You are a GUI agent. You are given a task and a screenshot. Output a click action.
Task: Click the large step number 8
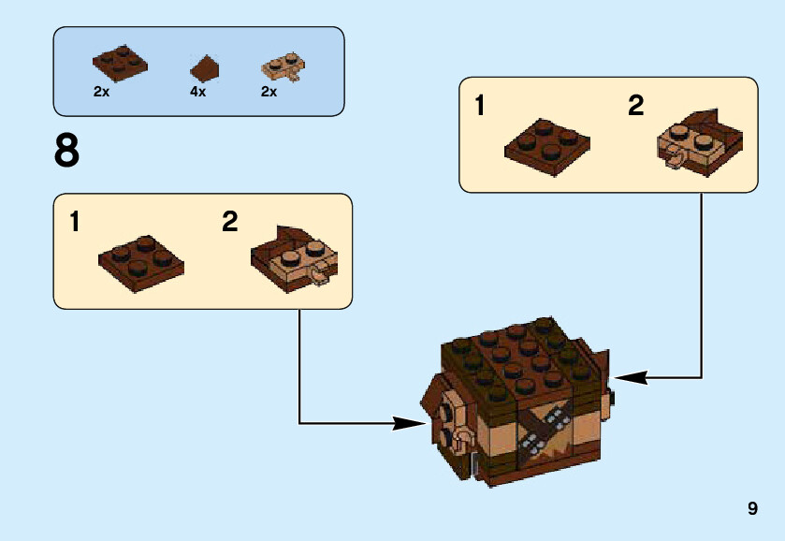[x=66, y=153]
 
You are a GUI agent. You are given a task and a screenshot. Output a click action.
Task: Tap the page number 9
[x=752, y=508]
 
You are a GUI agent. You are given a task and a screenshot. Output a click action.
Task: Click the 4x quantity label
[x=197, y=92]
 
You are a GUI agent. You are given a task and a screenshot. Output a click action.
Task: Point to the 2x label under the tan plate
[x=269, y=92]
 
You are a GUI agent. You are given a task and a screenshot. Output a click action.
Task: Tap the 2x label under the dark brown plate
[x=102, y=92]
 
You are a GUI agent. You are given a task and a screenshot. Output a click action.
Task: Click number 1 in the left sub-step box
[x=75, y=223]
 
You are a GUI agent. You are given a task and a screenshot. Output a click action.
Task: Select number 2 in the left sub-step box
[x=230, y=223]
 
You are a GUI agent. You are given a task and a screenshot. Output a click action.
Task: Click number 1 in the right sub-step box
[x=480, y=106]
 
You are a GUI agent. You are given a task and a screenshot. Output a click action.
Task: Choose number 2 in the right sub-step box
[x=636, y=106]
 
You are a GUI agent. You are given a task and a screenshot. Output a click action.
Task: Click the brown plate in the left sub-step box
[x=140, y=258]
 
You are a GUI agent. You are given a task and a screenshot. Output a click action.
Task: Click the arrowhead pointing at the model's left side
[x=409, y=423]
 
